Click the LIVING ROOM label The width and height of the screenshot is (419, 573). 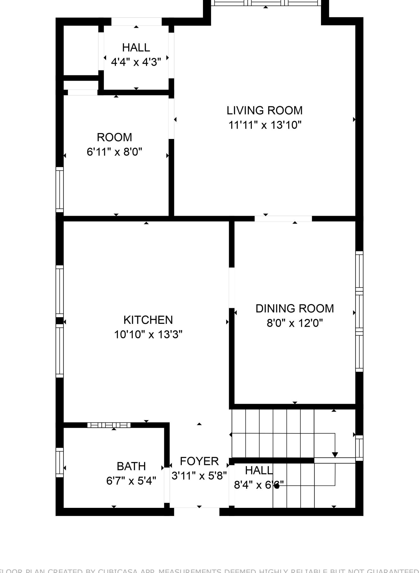(x=264, y=110)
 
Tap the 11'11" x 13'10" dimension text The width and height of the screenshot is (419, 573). (x=265, y=125)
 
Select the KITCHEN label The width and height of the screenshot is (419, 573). (x=148, y=320)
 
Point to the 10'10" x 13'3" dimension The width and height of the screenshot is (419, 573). (x=148, y=334)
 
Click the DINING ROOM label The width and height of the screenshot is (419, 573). (x=294, y=308)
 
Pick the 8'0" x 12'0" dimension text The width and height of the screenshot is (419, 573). (x=294, y=323)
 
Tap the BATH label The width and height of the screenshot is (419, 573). (x=131, y=466)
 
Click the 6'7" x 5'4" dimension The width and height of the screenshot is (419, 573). (x=131, y=481)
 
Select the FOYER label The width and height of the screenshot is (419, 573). (x=199, y=461)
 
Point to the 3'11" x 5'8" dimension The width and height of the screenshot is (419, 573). (x=199, y=476)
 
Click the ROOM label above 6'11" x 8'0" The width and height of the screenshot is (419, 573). (x=114, y=137)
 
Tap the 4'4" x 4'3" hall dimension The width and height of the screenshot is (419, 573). (x=136, y=62)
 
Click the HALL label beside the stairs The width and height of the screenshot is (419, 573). (x=258, y=470)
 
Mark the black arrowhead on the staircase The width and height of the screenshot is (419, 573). (x=335, y=455)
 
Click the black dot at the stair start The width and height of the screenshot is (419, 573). (x=277, y=486)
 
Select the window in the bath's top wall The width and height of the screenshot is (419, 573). (x=109, y=425)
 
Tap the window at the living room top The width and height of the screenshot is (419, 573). (x=266, y=3)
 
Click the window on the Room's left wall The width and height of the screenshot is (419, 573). (x=59, y=189)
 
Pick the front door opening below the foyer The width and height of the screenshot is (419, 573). (x=196, y=512)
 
